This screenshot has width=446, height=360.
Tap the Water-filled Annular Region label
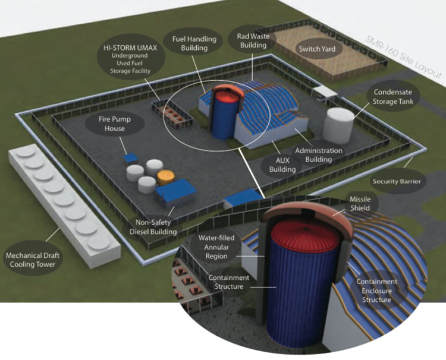(x=221, y=244)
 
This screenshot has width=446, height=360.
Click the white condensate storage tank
(x=337, y=122)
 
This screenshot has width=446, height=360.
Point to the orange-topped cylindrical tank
(x=165, y=177)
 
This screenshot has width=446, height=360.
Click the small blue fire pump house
(x=130, y=158)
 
